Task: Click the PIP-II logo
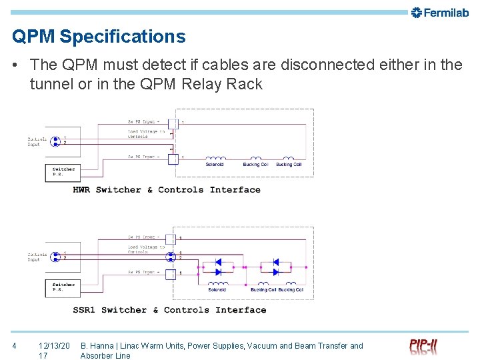pyautogui.click(x=423, y=347)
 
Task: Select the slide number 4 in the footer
pyautogui.click(x=15, y=345)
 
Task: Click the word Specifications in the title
pyautogui.click(x=123, y=36)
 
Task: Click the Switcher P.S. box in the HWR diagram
pyautogui.click(x=64, y=171)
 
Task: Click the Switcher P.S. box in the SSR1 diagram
pyautogui.click(x=64, y=287)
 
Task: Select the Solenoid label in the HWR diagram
pyautogui.click(x=215, y=164)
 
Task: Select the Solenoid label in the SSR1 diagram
pyautogui.click(x=217, y=289)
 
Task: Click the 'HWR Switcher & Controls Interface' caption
pyautogui.click(x=167, y=190)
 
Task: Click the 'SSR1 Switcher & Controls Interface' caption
pyautogui.click(x=169, y=310)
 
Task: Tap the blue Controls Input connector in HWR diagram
pyautogui.click(x=56, y=141)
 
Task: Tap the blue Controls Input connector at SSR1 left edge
pyautogui.click(x=56, y=257)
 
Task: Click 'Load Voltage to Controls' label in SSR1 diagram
pyautogui.click(x=145, y=249)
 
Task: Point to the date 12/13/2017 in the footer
pyautogui.click(x=53, y=350)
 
